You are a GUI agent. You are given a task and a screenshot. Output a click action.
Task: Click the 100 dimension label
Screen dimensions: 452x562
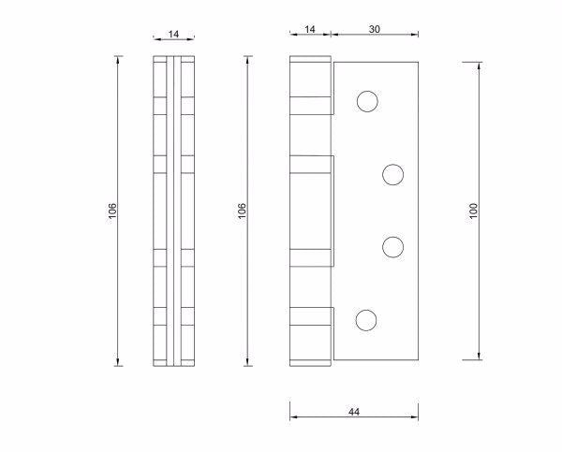[474, 211]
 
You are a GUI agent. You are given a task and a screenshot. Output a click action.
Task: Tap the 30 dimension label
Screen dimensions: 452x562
[375, 29]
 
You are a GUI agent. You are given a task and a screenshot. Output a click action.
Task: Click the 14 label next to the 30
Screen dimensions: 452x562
[310, 29]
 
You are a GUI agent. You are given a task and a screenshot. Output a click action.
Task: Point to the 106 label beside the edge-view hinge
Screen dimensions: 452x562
[111, 211]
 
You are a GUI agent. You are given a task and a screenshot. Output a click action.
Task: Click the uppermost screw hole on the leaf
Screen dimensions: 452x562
[366, 101]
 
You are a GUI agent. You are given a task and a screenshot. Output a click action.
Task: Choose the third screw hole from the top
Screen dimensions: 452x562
[393, 246]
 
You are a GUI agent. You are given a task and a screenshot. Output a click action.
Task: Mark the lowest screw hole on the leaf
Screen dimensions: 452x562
[366, 320]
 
